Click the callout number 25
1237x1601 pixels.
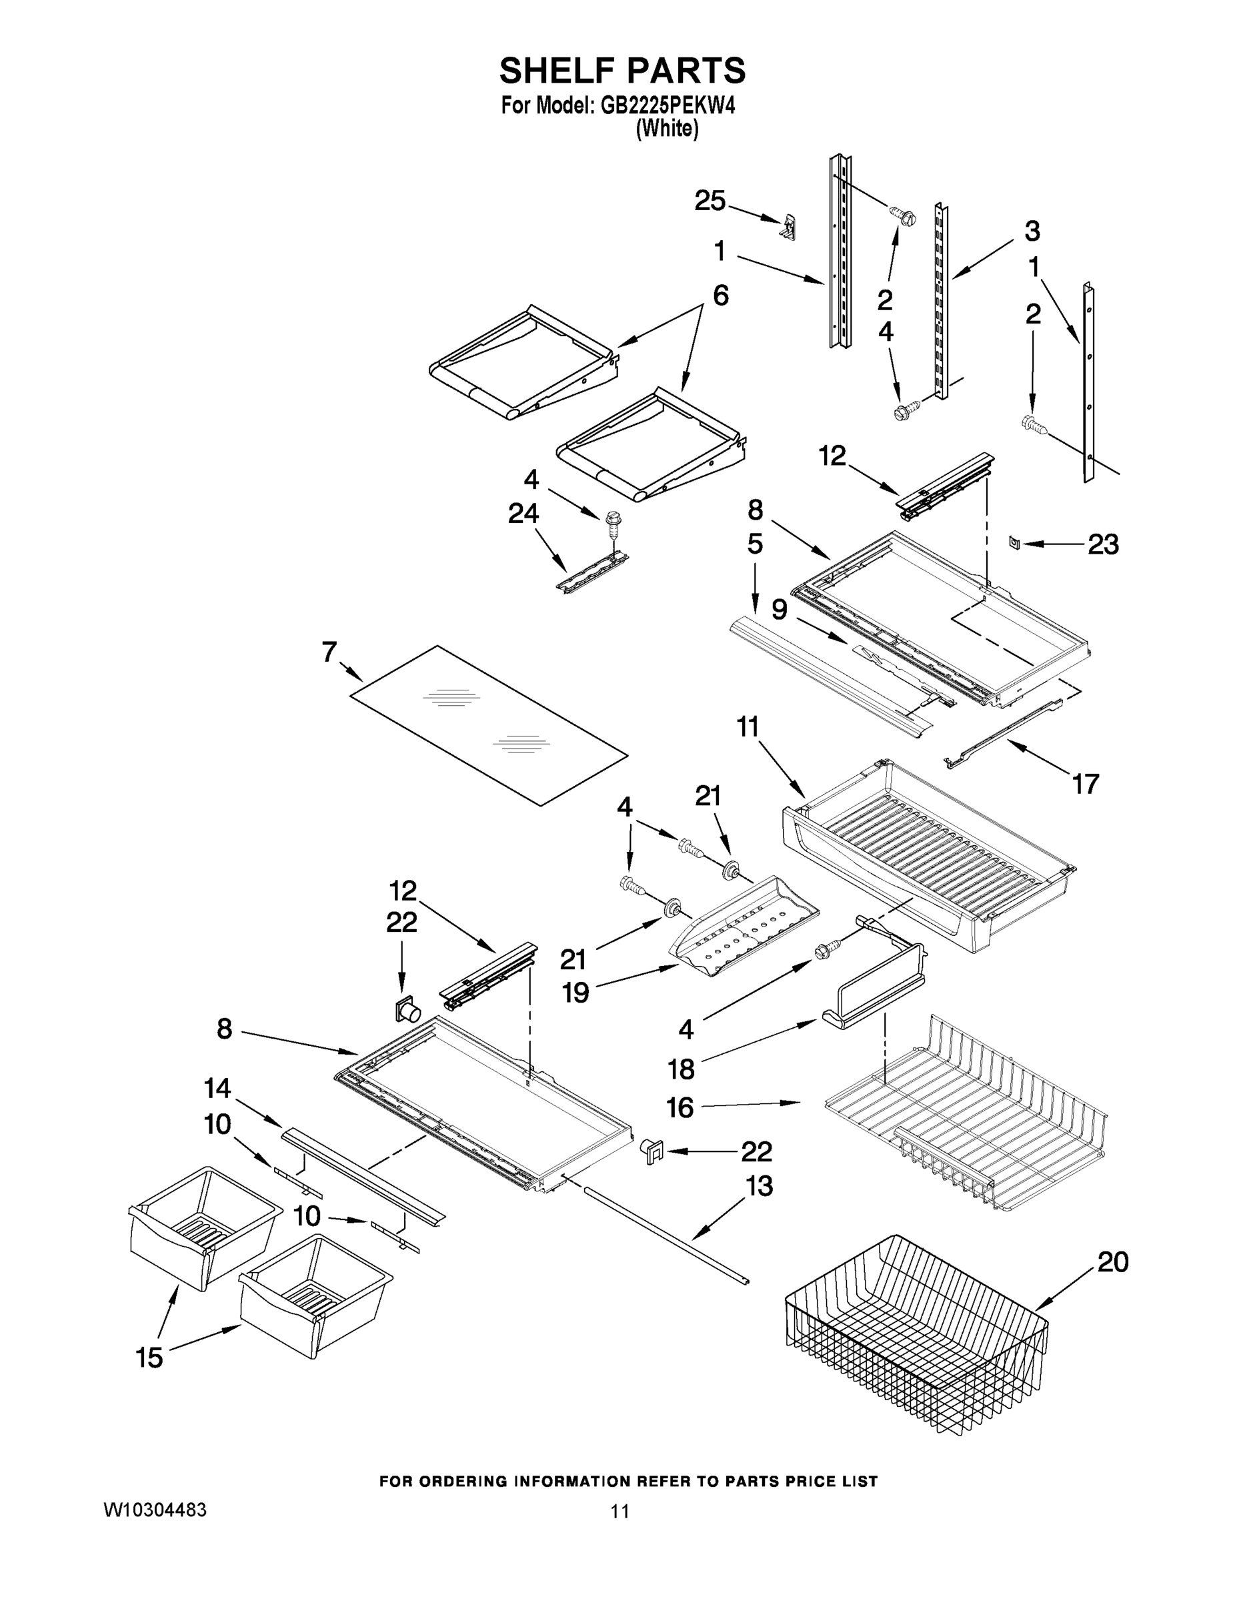click(x=710, y=200)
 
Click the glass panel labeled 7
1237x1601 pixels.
click(x=489, y=724)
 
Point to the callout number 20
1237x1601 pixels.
click(x=1112, y=1261)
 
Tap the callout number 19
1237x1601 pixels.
click(x=575, y=993)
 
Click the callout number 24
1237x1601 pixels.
click(x=523, y=514)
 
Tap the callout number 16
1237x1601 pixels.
click(x=680, y=1107)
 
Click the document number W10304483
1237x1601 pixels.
click(x=155, y=1510)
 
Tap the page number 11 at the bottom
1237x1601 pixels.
click(x=620, y=1512)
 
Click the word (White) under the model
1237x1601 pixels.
click(x=666, y=129)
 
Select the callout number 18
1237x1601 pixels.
click(x=681, y=1069)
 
